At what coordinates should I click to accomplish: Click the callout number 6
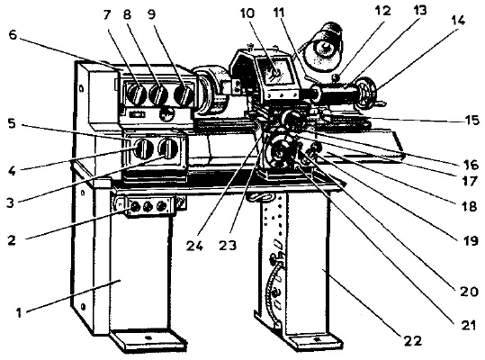point(13,34)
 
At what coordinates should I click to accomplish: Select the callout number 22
point(413,340)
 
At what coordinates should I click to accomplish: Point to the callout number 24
point(194,246)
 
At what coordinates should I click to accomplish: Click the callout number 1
point(19,312)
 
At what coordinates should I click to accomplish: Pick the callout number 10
point(247,13)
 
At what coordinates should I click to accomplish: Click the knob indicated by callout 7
point(137,94)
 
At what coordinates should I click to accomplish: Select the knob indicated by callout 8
point(158,94)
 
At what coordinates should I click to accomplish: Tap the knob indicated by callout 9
point(184,94)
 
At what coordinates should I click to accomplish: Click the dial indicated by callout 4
point(144,148)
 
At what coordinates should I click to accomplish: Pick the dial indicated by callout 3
point(168,148)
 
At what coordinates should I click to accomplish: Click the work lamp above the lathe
point(323,47)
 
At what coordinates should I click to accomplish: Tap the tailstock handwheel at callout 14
point(366,92)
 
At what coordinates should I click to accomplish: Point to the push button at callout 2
point(135,206)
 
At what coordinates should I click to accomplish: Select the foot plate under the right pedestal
point(314,341)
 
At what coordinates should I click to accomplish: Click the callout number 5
point(12,123)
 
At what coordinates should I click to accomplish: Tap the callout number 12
point(382,11)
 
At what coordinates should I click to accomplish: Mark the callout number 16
point(472,166)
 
